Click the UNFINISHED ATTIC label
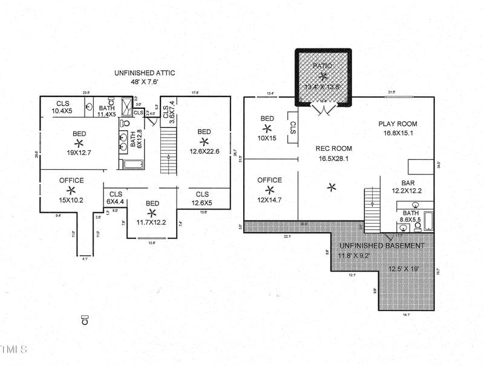(145, 73)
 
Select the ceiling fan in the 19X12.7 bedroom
(79, 143)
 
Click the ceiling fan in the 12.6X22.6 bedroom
(204, 142)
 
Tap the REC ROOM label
(333, 148)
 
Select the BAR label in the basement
(408, 182)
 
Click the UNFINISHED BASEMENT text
(382, 245)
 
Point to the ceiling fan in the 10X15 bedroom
(267, 128)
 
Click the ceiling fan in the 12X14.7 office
(269, 190)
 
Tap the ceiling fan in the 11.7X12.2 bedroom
(152, 213)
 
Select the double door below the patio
(323, 108)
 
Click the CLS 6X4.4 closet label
(116, 198)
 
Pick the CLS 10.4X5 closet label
(62, 107)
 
